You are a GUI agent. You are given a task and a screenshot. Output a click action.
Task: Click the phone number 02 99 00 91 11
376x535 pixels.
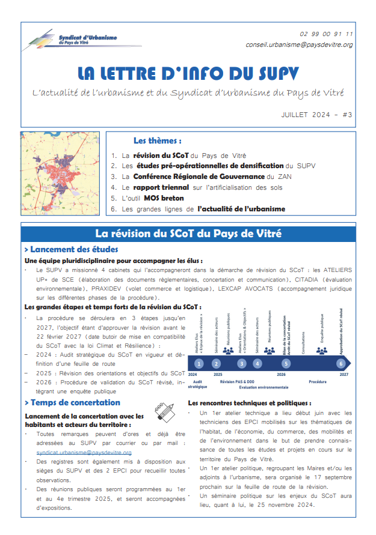[326, 35]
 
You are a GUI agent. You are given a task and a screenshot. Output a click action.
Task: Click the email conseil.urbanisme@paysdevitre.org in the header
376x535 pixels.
[299, 45]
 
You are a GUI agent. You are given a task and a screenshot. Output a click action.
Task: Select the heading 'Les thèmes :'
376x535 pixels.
[157, 141]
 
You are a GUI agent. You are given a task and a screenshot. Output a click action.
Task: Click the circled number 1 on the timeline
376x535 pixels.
[199, 363]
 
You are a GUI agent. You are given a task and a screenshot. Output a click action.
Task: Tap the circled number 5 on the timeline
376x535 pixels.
[286, 363]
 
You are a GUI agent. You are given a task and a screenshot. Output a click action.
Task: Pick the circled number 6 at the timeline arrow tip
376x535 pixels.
[341, 363]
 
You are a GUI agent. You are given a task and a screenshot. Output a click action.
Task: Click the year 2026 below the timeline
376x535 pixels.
[281, 374]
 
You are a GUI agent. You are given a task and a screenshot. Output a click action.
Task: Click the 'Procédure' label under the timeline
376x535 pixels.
[317, 381]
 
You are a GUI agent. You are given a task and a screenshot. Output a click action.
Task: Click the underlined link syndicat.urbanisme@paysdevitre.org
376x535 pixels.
[84, 452]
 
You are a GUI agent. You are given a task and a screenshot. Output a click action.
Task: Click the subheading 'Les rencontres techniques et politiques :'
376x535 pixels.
[250, 403]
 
